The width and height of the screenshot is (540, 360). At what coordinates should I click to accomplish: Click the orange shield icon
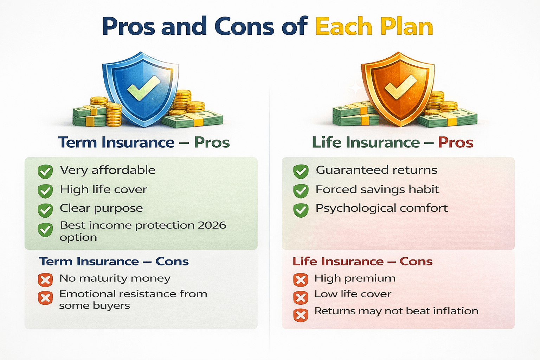tap(398, 89)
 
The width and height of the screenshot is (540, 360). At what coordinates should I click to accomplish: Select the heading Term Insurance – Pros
tap(144, 142)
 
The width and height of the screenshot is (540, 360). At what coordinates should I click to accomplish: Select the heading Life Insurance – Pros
tap(393, 142)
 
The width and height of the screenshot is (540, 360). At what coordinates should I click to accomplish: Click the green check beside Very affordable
tap(45, 172)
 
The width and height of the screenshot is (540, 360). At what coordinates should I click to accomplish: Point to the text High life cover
tap(103, 189)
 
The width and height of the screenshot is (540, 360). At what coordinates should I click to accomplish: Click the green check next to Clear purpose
tap(45, 210)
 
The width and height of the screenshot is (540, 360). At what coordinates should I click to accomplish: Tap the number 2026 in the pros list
tap(212, 225)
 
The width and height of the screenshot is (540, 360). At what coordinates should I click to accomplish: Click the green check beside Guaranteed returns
tap(301, 172)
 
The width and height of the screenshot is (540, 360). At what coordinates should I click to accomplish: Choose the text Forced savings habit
tap(377, 189)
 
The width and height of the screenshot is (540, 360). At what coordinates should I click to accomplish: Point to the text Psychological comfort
tap(381, 208)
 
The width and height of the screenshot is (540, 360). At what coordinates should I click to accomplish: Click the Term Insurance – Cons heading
tap(114, 262)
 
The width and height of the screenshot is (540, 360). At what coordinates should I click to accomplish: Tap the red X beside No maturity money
tap(45, 280)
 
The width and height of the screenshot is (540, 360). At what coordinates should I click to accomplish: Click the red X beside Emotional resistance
tap(45, 298)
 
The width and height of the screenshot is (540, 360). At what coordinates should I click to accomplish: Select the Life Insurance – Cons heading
tap(362, 262)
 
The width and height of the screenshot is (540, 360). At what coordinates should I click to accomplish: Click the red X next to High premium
tap(301, 280)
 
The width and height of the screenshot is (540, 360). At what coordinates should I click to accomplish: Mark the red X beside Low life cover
tap(301, 298)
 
